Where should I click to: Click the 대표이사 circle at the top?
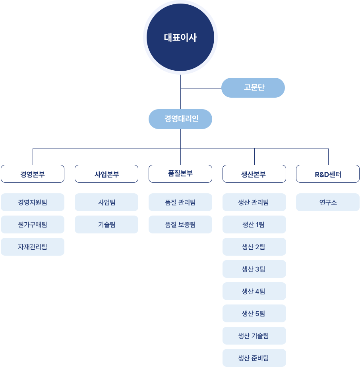[x=180, y=38]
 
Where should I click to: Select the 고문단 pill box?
[x=253, y=88]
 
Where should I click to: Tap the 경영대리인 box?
[x=180, y=119]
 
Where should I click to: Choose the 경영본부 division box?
[x=33, y=174]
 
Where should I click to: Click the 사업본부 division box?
[x=106, y=174]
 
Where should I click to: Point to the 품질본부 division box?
[x=180, y=173]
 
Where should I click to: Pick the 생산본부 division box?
[x=254, y=174]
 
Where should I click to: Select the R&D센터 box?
[x=328, y=174]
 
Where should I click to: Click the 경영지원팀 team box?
[x=33, y=202]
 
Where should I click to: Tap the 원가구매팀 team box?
[x=33, y=225]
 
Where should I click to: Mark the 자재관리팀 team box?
[x=33, y=247]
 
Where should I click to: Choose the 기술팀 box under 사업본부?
[x=106, y=225]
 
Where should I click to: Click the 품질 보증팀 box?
[x=180, y=225]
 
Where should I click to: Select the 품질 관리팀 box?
[x=180, y=202]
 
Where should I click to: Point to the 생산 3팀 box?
[x=254, y=269]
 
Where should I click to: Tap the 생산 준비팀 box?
[x=254, y=358]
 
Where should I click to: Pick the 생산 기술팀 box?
[x=254, y=336]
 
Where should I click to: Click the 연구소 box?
[x=328, y=202]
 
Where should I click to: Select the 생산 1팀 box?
[x=254, y=225]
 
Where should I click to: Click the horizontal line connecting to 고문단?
[x=201, y=89]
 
